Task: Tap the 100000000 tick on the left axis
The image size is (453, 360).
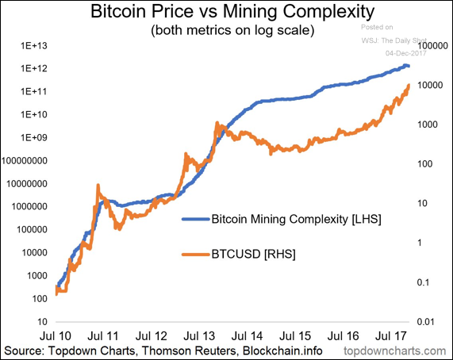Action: click(27, 160)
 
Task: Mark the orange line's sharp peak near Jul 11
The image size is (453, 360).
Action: click(98, 186)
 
